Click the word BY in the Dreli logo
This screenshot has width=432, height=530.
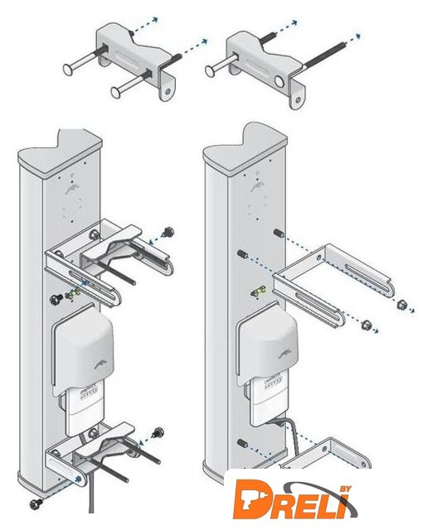pos(345,489)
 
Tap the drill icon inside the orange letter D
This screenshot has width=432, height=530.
pos(250,498)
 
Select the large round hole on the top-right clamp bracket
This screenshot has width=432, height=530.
pos(279,81)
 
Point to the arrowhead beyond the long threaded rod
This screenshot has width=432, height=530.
pos(357,36)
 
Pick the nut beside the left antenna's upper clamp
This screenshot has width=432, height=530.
pos(167,232)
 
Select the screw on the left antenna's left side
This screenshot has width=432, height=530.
pos(56,299)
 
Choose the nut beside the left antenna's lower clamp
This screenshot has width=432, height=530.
pos(158,432)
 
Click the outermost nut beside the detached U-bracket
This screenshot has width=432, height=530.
pos(402,304)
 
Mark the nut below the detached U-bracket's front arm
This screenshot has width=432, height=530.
pos(366,325)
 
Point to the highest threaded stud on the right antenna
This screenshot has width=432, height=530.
pos(278,233)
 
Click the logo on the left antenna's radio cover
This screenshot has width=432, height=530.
pos(100,365)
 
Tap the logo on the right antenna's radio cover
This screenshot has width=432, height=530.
pos(285,354)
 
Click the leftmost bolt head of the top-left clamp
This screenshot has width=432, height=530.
pos(69,70)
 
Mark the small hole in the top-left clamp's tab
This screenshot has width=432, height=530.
pos(168,90)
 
